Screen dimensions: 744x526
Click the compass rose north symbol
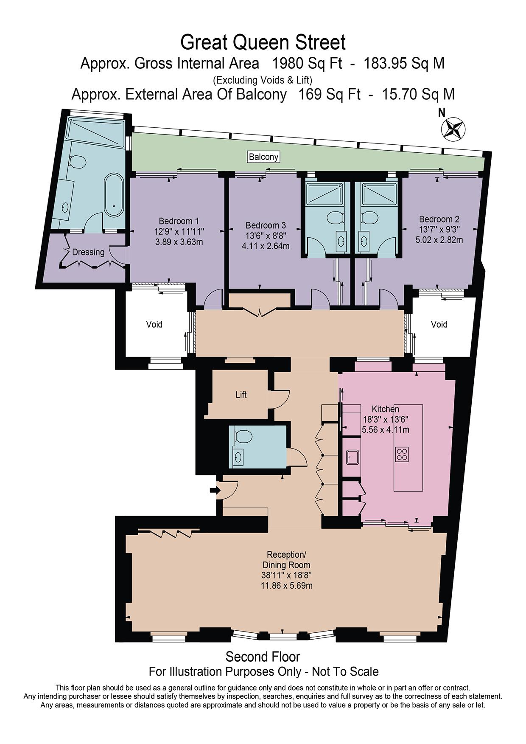pyautogui.click(x=453, y=128)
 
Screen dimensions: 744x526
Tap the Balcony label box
pyautogui.click(x=263, y=157)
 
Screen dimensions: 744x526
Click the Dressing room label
pyautogui.click(x=88, y=252)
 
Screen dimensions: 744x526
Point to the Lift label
pyautogui.click(x=241, y=395)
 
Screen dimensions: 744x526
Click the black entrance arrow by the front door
pyautogui.click(x=215, y=491)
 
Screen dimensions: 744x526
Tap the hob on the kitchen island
pyautogui.click(x=401, y=455)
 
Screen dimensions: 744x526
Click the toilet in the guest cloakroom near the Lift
pyautogui.click(x=243, y=436)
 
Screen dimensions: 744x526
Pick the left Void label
pyautogui.click(x=154, y=324)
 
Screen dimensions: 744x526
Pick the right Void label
pyautogui.click(x=439, y=324)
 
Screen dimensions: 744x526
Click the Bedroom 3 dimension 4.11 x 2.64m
pyautogui.click(x=265, y=246)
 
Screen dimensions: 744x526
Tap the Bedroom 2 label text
pyautogui.click(x=439, y=219)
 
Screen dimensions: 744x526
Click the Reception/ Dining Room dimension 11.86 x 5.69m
pyautogui.click(x=286, y=586)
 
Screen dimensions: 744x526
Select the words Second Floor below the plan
pyautogui.click(x=263, y=657)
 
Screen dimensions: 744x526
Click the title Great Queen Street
pyautogui.click(x=263, y=42)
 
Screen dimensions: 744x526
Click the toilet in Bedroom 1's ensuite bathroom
pyautogui.click(x=78, y=161)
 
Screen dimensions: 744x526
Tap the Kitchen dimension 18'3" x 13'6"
pyautogui.click(x=385, y=419)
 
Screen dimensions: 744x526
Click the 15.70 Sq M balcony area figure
pyautogui.click(x=418, y=94)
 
